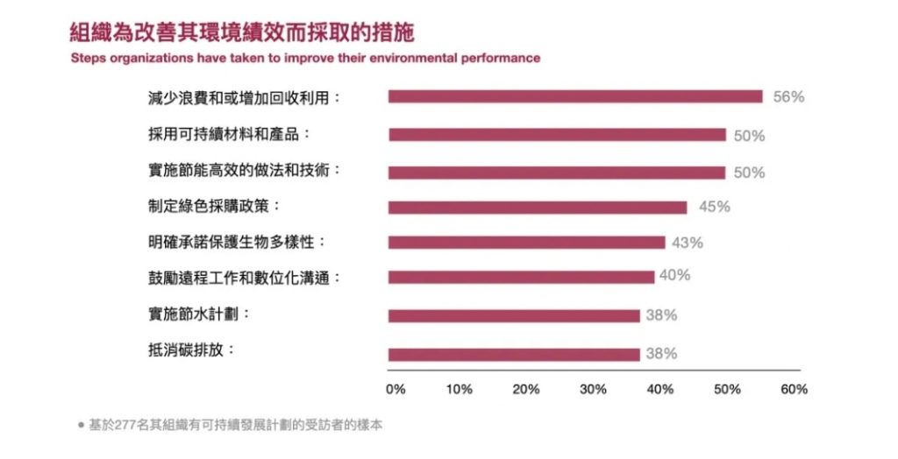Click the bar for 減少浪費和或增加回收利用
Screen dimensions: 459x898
[575, 96]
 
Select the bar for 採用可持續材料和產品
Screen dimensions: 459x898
[557, 135]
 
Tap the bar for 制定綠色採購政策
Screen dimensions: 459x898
[538, 208]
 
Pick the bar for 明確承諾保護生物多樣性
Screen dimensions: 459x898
[526, 243]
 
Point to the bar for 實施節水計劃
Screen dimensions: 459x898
[514, 315]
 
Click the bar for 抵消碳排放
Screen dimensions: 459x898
[514, 354]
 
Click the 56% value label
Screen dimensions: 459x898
[788, 97]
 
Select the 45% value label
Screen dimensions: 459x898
[714, 208]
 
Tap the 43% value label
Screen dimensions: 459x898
[688, 243]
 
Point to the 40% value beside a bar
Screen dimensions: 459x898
[674, 276]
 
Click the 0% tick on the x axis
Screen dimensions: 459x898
[396, 389]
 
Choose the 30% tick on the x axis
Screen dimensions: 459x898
[594, 389]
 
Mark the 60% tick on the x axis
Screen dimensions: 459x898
[794, 389]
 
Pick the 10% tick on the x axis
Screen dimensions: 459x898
[460, 389]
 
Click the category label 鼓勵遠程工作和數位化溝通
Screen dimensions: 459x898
[244, 278]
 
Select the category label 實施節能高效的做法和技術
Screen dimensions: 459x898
[244, 171]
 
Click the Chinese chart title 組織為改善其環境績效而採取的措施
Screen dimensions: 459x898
[241, 33]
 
